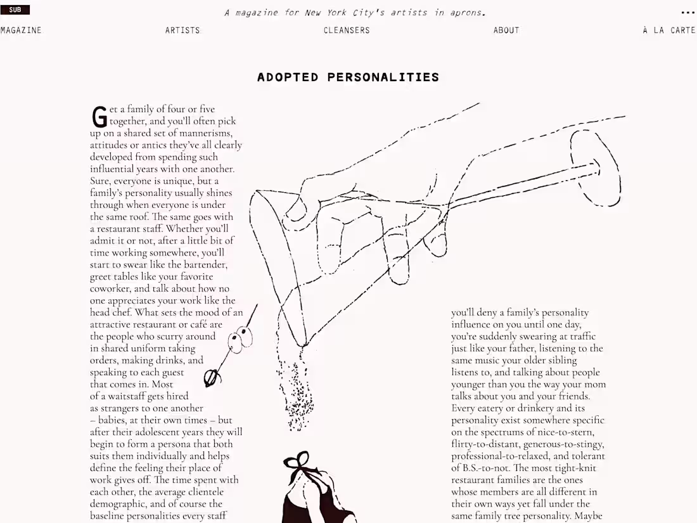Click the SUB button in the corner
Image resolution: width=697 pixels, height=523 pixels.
coord(15,10)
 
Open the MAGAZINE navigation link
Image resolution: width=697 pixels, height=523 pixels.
coord(21,30)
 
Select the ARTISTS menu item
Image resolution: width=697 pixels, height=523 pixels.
coord(182,30)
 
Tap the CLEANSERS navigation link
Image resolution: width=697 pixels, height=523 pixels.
coord(347,30)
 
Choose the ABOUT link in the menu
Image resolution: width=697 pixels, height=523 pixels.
coord(506,30)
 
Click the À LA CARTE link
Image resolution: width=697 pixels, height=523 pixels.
coord(669,30)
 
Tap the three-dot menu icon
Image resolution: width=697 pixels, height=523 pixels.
coord(687,12)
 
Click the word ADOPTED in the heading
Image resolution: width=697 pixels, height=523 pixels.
coord(288,77)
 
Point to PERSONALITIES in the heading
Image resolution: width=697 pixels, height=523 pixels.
coord(383,77)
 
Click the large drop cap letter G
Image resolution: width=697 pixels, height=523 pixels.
coord(99,117)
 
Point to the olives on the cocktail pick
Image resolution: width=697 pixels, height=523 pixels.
coord(240,340)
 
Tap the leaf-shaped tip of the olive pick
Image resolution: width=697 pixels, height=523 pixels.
coord(212,378)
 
